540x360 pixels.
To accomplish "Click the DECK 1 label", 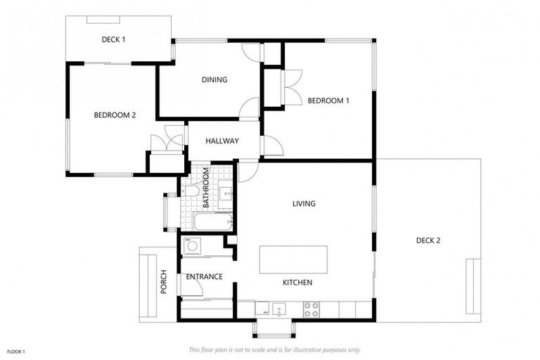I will (x=113, y=40).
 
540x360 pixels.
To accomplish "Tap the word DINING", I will (x=214, y=80).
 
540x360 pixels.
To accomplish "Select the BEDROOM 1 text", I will (x=328, y=101).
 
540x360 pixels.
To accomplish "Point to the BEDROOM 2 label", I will (x=115, y=115).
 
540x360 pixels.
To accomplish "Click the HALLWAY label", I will (x=221, y=141).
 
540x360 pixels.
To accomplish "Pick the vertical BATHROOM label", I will (x=206, y=188).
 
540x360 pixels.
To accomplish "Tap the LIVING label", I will (x=304, y=204).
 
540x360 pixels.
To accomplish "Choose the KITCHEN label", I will (x=297, y=283).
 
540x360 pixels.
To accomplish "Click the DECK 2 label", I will (x=427, y=240).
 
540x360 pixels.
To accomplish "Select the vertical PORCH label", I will (x=164, y=281).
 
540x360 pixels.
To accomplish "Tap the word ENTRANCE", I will (x=204, y=277).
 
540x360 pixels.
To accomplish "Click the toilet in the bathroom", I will (x=190, y=190).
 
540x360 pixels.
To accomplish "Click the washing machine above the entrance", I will (x=192, y=245).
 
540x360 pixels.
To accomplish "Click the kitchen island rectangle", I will (x=293, y=259).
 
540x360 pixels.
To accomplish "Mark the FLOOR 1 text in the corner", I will (x=15, y=350).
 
